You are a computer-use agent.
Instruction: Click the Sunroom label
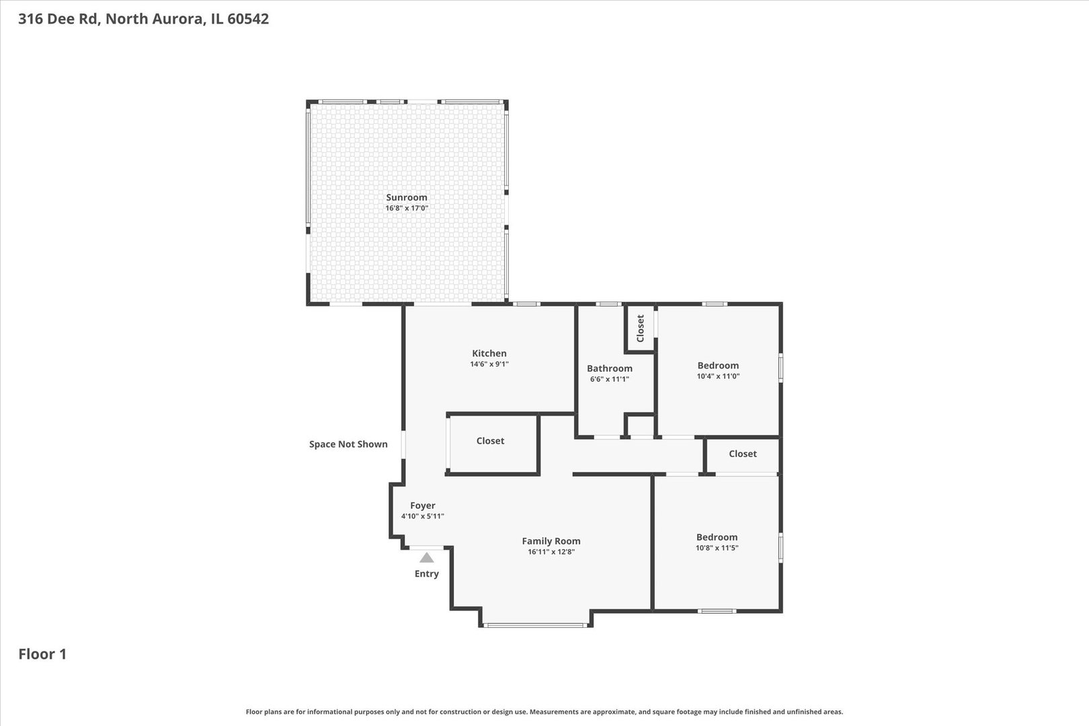tap(407, 198)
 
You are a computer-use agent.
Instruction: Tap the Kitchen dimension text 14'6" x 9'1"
tap(489, 364)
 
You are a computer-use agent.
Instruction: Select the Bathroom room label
tap(610, 368)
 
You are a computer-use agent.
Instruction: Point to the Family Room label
tap(551, 541)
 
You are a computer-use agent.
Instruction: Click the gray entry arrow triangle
tap(426, 558)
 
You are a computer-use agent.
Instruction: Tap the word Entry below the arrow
tap(426, 574)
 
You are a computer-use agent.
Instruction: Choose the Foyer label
tap(422, 506)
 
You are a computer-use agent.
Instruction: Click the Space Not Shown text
tap(348, 444)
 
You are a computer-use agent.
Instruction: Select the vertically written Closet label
tap(640, 328)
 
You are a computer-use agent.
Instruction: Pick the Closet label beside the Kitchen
tap(490, 441)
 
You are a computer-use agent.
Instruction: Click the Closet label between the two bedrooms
tap(742, 454)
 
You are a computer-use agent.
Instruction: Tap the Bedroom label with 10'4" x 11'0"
tap(718, 366)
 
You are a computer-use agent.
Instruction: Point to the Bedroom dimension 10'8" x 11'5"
tap(717, 548)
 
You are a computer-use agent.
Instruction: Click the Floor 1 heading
tap(42, 654)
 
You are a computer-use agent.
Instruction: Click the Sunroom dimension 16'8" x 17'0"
tap(407, 208)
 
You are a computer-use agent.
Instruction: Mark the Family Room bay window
tap(535, 625)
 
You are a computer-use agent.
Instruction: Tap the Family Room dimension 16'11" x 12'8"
tap(551, 552)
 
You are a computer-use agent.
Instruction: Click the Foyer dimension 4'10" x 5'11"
tap(422, 516)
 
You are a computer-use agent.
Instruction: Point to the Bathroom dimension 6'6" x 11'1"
tap(610, 379)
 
